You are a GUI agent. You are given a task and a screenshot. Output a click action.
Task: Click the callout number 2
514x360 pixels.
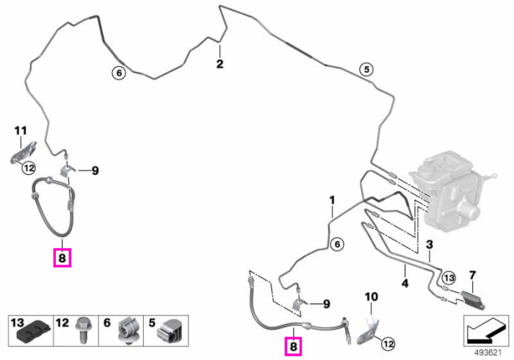click(220, 64)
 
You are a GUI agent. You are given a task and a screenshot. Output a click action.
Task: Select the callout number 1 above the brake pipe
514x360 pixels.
click(333, 200)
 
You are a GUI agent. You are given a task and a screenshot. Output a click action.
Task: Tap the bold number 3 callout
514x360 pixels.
click(430, 244)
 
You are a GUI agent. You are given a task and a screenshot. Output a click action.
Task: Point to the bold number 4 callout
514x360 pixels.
click(405, 283)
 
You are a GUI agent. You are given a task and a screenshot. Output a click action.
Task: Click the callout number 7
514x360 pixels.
click(472, 276)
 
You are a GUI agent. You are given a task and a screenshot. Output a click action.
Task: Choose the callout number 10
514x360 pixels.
click(372, 297)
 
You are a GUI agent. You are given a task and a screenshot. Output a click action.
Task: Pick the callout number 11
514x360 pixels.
click(21, 131)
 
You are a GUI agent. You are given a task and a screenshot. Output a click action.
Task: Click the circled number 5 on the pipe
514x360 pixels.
click(366, 70)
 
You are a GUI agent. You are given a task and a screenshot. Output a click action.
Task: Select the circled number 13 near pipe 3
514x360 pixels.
click(449, 278)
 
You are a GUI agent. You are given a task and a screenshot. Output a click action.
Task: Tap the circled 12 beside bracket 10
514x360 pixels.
click(388, 345)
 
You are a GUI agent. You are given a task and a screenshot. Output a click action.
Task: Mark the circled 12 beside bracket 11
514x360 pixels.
click(29, 168)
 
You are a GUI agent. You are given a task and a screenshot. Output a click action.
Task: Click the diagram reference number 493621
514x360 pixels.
click(488, 353)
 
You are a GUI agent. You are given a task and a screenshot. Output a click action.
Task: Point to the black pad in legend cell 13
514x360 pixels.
click(34, 334)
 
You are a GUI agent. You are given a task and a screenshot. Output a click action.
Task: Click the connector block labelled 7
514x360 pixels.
click(472, 299)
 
